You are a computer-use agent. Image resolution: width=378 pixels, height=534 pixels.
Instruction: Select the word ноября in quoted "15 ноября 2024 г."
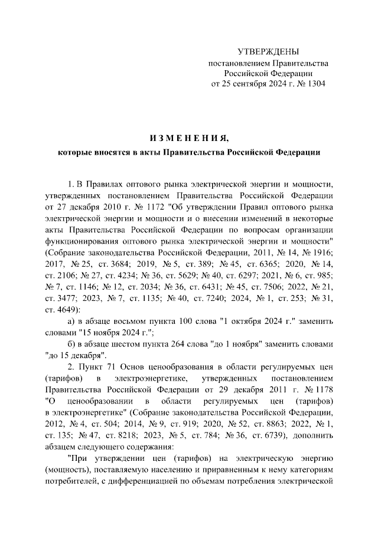pyautogui.click(x=90, y=333)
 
